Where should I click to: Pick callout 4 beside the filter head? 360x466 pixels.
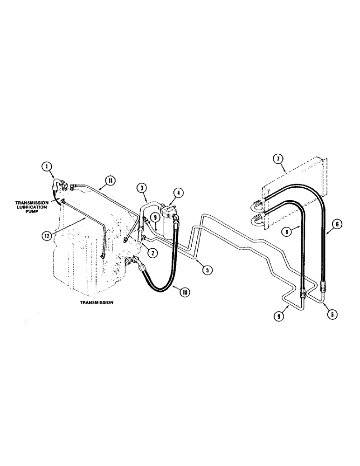[178, 192]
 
